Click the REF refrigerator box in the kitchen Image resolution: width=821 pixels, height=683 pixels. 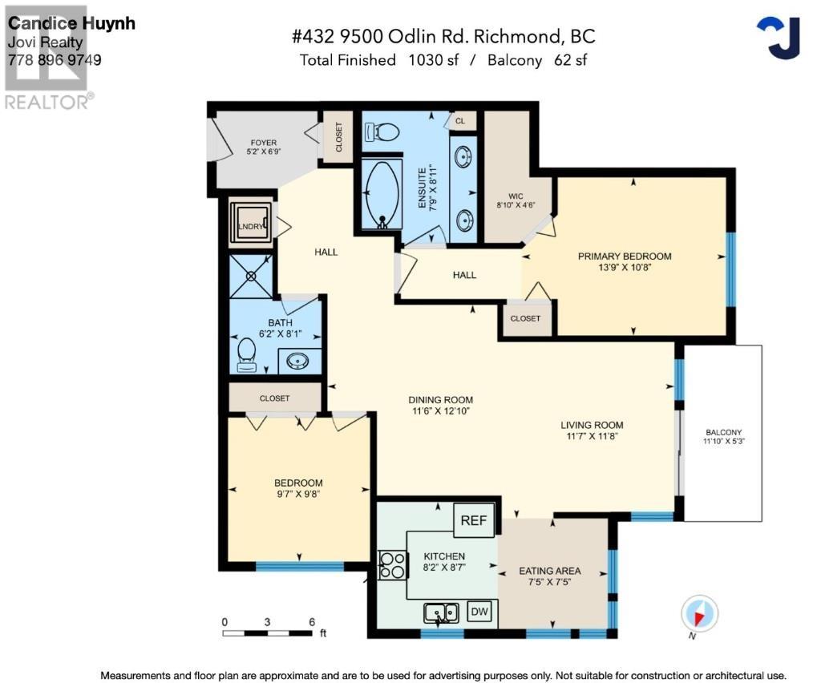click(x=474, y=520)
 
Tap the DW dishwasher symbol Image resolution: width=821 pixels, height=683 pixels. click(x=479, y=612)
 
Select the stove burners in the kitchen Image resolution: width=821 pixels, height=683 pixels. click(x=392, y=566)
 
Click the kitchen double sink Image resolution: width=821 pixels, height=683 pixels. click(x=441, y=612)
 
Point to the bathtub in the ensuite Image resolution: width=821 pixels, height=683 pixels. click(x=382, y=194)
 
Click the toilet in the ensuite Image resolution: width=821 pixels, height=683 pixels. click(x=382, y=132)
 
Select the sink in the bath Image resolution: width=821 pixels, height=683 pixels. click(x=297, y=361)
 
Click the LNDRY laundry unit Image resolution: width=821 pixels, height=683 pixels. click(x=251, y=224)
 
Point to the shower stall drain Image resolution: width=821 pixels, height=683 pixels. click(x=251, y=276)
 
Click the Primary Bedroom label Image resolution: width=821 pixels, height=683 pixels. click(x=625, y=256)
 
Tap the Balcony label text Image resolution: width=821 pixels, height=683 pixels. click(x=724, y=432)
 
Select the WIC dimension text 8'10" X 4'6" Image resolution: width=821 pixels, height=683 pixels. click(x=516, y=205)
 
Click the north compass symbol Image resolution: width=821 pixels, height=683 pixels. click(x=699, y=613)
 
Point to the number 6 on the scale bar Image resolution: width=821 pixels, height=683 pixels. click(x=312, y=622)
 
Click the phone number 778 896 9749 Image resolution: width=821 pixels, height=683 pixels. click(x=55, y=60)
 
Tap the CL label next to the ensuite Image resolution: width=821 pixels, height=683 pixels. click(x=459, y=121)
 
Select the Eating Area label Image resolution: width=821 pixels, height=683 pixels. click(x=550, y=571)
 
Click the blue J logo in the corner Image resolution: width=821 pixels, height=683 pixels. click(x=779, y=38)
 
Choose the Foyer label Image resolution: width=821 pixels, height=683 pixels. click(x=263, y=143)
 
